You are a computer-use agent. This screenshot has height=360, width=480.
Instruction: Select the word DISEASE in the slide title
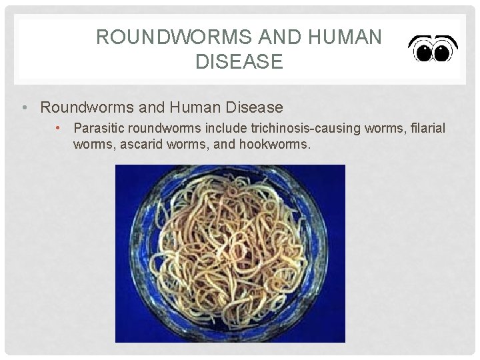pos(239,62)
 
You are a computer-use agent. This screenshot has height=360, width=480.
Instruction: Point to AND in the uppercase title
pos(271,37)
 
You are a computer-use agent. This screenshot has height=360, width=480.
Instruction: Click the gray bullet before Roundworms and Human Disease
pos(23,107)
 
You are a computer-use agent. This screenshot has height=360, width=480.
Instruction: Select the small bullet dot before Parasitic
pos(59,127)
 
